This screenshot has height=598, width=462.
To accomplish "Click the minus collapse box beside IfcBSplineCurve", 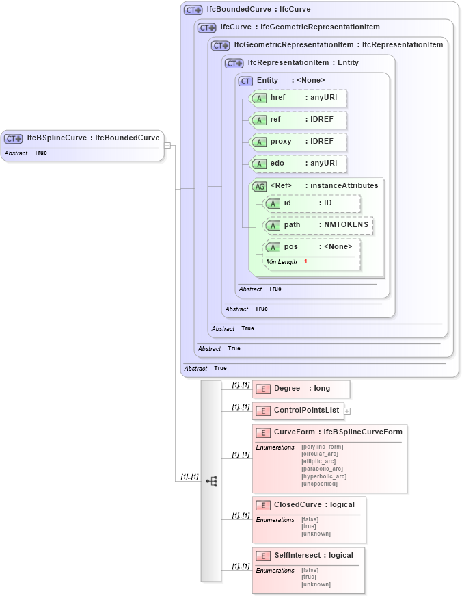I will [x=167, y=146].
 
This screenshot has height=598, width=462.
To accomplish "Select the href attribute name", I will [x=277, y=97].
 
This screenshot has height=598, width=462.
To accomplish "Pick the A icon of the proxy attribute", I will [x=259, y=142].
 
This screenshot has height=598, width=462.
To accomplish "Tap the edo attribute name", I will [x=277, y=164].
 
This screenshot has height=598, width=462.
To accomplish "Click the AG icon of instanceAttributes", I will [x=259, y=186].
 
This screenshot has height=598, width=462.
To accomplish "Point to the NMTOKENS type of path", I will [x=346, y=224].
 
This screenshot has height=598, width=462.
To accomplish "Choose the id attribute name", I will [x=288, y=203].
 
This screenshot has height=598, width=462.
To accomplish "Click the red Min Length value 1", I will [x=305, y=261].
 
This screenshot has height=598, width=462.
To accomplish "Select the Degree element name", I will [x=287, y=388].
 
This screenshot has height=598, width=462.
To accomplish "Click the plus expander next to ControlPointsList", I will [x=347, y=411].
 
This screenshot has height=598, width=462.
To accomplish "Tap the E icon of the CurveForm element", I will [x=263, y=432].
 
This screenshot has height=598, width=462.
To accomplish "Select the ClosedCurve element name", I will [x=297, y=504].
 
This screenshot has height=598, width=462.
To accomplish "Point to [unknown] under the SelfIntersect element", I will [x=316, y=584].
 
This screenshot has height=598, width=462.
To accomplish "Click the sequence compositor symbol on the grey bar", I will [x=211, y=481].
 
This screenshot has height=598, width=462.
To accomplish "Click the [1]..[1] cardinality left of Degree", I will [x=241, y=385].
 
